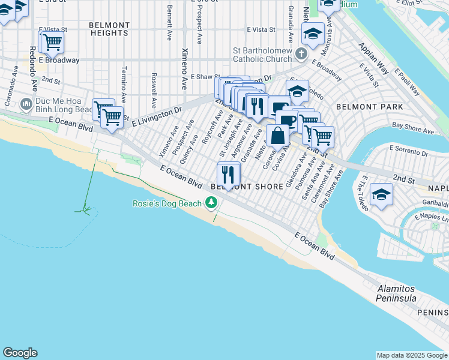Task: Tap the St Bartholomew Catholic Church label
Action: [x=259, y=59]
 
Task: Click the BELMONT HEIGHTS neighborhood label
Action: [x=109, y=29]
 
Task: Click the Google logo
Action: [x=20, y=353]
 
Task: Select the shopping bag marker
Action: [x=278, y=135]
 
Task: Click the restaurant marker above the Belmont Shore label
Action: [x=228, y=174]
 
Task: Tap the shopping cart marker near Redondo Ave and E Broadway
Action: [x=52, y=43]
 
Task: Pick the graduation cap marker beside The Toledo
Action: [x=381, y=195]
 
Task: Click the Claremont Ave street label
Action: [x=324, y=188]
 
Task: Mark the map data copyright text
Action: [x=411, y=355]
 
